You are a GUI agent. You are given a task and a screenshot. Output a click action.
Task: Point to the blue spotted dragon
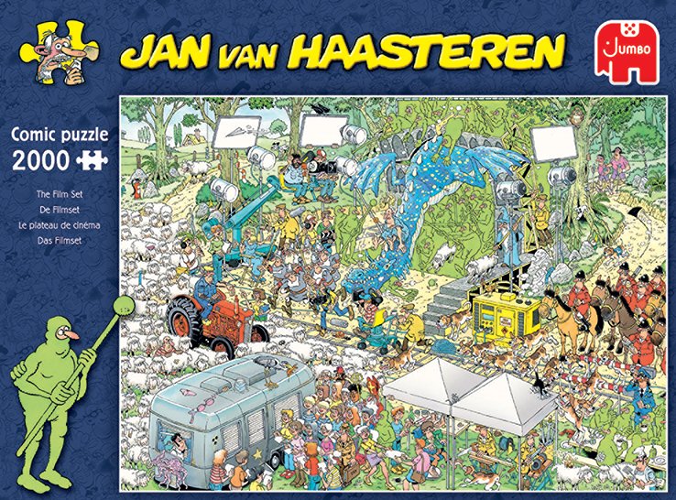pyautogui.click(x=431, y=201)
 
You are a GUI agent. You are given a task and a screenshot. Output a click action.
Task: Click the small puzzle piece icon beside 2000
pyautogui.click(x=89, y=159)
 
